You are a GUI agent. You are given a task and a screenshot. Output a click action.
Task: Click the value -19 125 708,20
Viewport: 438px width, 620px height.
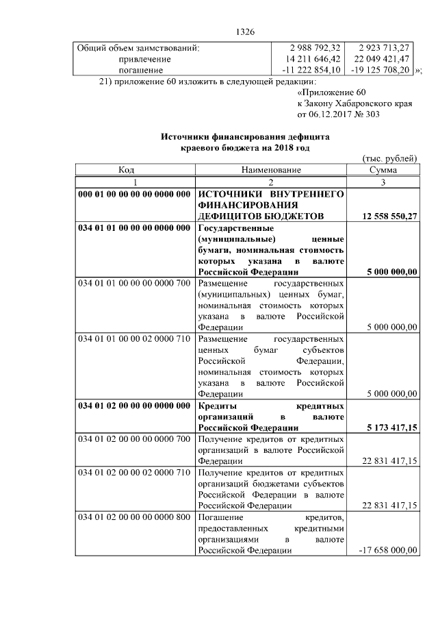381,70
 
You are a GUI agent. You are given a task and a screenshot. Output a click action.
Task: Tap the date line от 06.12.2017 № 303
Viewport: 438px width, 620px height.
338,114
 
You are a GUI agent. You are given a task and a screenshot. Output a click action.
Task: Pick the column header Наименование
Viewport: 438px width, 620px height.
270,171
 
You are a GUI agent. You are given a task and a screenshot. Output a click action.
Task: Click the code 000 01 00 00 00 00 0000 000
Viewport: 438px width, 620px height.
134,195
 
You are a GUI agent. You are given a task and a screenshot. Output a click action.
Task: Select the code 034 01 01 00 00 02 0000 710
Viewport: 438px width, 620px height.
134,339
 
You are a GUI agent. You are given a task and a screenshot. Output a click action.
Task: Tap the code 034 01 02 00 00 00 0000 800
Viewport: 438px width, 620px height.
134,517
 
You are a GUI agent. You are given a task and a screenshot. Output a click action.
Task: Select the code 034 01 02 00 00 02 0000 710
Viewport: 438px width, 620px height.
134,473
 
